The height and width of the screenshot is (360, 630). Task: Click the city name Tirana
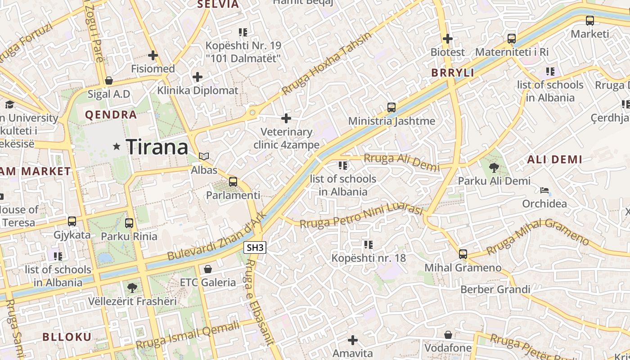(157, 147)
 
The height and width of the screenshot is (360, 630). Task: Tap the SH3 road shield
(255, 247)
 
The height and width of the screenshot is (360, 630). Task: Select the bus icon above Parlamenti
(233, 182)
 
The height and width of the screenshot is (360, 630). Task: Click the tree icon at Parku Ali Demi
(494, 168)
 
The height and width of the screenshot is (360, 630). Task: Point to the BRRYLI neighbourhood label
(453, 73)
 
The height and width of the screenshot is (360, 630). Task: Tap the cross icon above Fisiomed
(153, 55)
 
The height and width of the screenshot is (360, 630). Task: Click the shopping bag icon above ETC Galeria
(208, 269)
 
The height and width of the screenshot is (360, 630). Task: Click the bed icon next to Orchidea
(544, 190)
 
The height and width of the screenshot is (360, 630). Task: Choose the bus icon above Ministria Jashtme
(391, 108)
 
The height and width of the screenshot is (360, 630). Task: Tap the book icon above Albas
(204, 156)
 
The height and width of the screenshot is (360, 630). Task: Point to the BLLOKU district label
(67, 337)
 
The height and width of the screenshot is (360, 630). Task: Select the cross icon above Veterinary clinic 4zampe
(286, 118)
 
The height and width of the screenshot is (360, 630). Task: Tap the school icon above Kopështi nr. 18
(369, 245)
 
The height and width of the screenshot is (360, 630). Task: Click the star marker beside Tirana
(117, 146)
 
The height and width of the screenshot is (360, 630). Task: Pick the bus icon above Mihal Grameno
(463, 254)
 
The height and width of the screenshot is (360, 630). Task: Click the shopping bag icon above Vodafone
(448, 335)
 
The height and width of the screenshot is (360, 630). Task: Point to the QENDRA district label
(111, 115)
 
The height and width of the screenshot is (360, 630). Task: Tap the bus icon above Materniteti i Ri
(512, 39)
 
